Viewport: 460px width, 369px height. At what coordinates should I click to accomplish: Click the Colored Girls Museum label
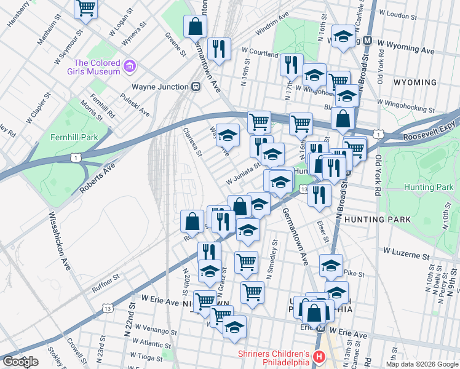[x=97, y=67]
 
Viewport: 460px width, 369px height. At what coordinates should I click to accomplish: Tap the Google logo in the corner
[x=20, y=362]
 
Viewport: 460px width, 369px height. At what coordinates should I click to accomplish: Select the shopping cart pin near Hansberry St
[x=85, y=9]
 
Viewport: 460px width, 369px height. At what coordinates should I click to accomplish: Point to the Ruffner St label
[x=106, y=281]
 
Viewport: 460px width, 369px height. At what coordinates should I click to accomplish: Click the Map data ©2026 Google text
[x=421, y=364]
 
